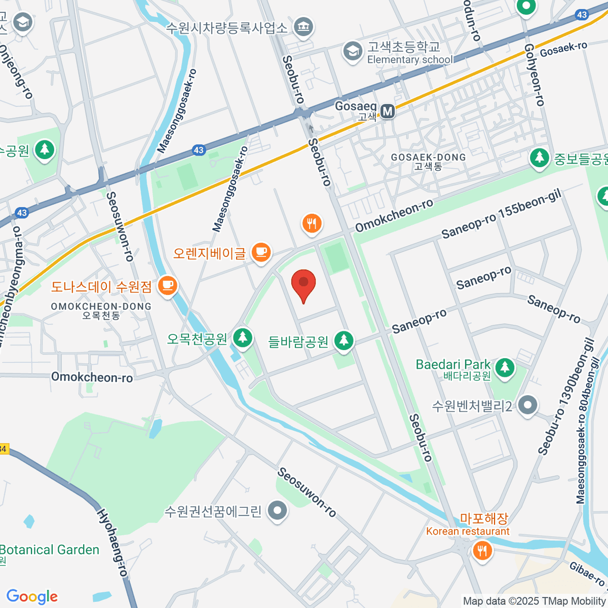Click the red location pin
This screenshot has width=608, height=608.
click(x=303, y=285)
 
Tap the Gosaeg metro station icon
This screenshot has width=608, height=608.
click(x=388, y=111)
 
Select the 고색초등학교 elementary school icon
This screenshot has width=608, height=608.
click(x=351, y=51)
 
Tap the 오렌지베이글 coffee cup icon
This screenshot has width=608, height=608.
click(x=261, y=253)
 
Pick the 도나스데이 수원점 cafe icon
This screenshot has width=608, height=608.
click(x=167, y=286)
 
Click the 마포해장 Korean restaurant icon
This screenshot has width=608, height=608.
click(x=481, y=551)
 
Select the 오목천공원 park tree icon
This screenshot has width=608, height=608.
click(x=243, y=338)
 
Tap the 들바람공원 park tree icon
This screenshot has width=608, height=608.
click(x=344, y=341)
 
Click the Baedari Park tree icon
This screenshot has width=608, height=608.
click(x=505, y=368)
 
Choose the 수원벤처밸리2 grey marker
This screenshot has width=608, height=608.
click(x=527, y=405)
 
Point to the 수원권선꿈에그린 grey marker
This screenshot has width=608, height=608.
click(x=277, y=511)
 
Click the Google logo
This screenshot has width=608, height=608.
click(x=32, y=596)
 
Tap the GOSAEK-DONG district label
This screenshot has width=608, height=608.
click(x=428, y=161)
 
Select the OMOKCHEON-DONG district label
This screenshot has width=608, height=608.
click(x=101, y=311)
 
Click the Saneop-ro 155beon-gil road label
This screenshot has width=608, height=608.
click(x=502, y=215)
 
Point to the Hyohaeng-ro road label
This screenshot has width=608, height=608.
click(x=111, y=542)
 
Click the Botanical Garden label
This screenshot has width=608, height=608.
click(x=49, y=550)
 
